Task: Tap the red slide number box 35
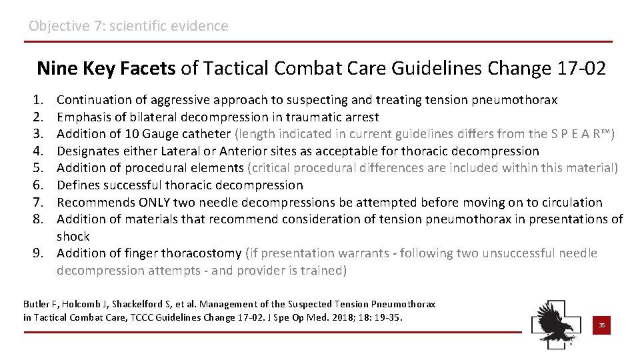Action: [601, 325]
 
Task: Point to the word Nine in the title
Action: [57, 68]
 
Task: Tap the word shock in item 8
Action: [73, 237]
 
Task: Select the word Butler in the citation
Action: [35, 304]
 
